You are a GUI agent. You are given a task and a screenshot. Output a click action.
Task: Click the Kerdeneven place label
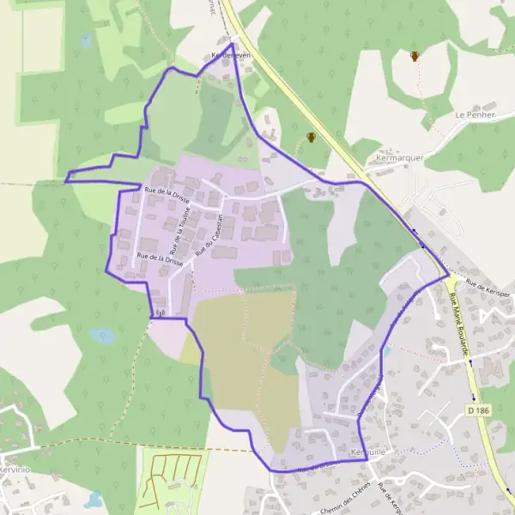tap(229, 55)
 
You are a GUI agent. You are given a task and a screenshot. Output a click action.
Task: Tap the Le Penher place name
tap(471, 114)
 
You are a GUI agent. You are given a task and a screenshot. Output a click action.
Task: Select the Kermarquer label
tap(395, 159)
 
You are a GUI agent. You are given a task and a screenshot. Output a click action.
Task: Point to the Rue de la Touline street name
tap(181, 227)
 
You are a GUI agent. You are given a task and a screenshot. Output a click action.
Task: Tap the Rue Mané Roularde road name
tap(461, 321)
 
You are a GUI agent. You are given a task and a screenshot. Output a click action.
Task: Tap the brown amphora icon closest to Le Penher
tap(415, 57)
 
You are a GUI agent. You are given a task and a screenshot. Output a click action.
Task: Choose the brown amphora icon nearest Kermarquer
tap(311, 137)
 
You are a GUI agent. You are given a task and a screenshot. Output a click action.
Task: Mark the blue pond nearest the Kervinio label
tap(94, 499)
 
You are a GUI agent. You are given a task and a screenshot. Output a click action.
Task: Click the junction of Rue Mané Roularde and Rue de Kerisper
tap(449, 276)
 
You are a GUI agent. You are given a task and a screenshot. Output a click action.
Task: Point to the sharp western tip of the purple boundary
tap(66, 181)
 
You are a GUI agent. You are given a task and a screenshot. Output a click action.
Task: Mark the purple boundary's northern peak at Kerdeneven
tap(233, 43)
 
